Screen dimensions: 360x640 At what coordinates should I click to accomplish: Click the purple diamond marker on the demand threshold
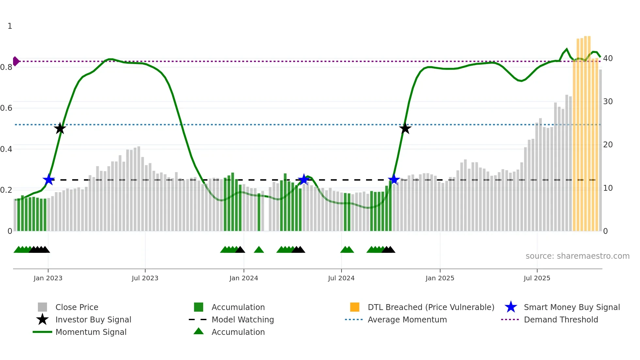tap(16, 61)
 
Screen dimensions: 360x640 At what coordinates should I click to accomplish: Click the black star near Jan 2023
tap(60, 128)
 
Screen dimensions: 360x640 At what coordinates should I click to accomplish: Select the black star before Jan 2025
tap(405, 128)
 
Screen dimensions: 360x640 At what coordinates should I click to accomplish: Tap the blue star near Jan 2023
tap(49, 180)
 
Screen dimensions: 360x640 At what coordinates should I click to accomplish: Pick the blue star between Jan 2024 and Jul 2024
tap(304, 180)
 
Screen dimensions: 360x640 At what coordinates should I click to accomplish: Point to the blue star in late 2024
tap(394, 179)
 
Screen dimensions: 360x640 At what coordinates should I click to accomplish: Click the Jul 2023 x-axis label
tap(145, 278)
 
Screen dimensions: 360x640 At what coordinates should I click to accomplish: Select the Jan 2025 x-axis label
tap(440, 278)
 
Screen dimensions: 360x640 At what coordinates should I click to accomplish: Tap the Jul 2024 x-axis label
tap(341, 278)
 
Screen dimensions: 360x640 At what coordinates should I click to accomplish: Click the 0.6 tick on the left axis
tap(6, 108)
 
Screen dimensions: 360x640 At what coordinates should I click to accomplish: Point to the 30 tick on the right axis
tap(608, 102)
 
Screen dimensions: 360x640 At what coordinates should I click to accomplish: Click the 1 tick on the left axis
tap(10, 26)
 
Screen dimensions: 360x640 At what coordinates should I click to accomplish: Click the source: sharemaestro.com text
tap(577, 256)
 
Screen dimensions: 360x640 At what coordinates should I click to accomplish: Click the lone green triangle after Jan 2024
tap(259, 250)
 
